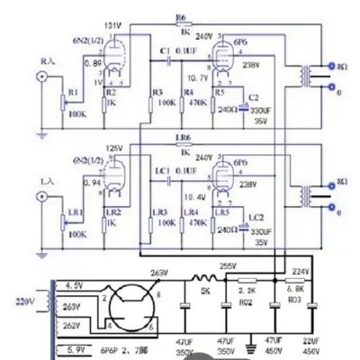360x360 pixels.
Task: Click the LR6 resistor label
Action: (x=183, y=139)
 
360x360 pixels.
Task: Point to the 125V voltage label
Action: (x=112, y=146)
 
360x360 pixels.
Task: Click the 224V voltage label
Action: (x=301, y=271)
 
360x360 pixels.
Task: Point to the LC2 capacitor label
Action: (x=256, y=218)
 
